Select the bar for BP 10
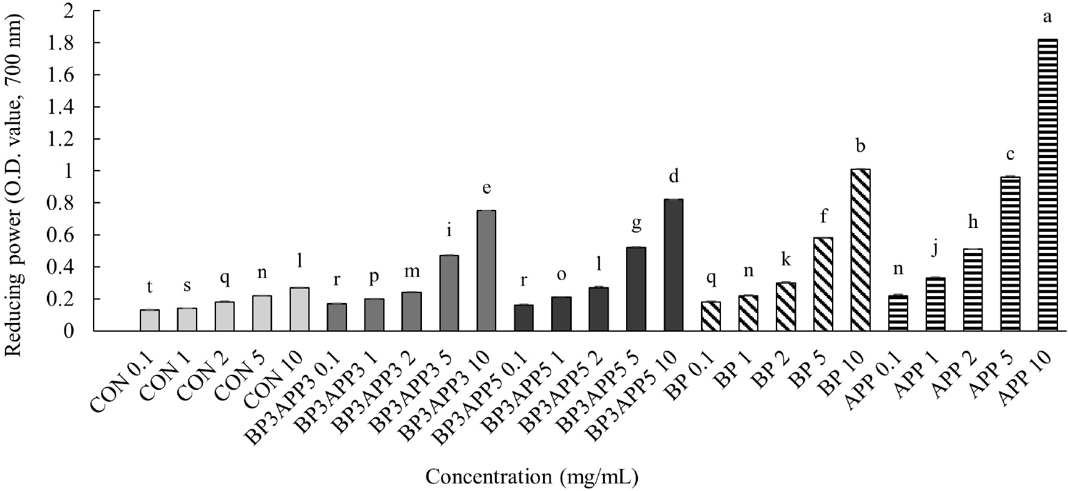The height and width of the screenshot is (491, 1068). [860, 250]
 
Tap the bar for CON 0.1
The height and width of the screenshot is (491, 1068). [150, 320]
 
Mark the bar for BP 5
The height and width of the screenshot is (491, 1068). [823, 284]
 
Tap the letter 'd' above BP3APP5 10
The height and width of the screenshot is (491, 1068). [674, 176]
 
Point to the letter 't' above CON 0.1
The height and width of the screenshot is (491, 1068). [150, 287]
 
